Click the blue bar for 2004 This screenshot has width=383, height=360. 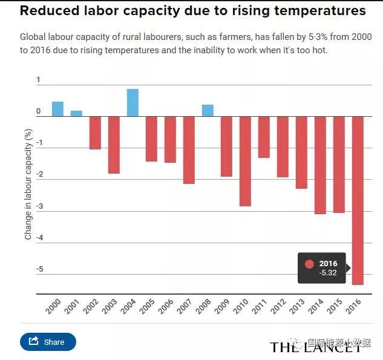pyautogui.click(x=133, y=103)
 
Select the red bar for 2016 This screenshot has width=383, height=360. pyautogui.click(x=358, y=200)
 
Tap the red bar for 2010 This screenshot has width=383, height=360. pyautogui.click(x=244, y=161)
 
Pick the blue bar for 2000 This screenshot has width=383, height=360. pyautogui.click(x=57, y=109)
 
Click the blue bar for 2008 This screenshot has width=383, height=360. pyautogui.click(x=208, y=111)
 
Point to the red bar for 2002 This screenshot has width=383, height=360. pyautogui.click(x=95, y=133)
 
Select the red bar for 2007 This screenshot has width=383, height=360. pyautogui.click(x=189, y=149)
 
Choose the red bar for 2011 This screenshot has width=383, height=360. pyautogui.click(x=264, y=137)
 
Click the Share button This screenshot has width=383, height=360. pyautogui.click(x=48, y=342)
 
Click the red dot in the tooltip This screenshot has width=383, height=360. pyautogui.click(x=310, y=264)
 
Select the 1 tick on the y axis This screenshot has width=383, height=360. pyautogui.click(x=38, y=80)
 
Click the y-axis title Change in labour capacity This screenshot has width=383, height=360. pyautogui.click(x=28, y=188)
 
